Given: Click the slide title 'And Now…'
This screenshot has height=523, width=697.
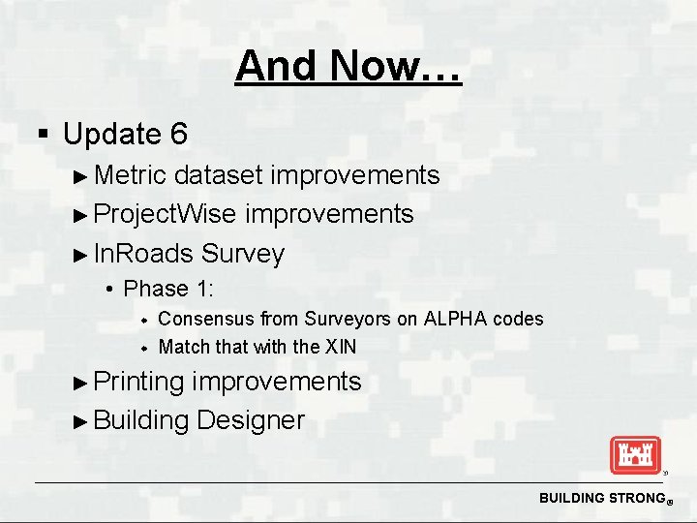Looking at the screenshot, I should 348,67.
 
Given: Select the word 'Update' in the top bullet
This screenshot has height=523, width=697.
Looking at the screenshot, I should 111,134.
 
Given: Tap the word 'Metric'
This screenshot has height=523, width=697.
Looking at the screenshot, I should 131,175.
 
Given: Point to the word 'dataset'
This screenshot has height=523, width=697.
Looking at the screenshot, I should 219,175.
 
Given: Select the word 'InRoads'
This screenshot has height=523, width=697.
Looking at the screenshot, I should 144,254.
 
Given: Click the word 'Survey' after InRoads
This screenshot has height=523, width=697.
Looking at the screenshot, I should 243,254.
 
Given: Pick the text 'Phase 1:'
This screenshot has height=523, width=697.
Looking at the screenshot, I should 169,289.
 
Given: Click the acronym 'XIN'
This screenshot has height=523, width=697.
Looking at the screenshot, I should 340,347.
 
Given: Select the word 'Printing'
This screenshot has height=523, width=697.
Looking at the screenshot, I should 139,382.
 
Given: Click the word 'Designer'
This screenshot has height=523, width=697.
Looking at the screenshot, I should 250,420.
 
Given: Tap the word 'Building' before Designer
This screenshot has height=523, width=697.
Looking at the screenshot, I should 141,420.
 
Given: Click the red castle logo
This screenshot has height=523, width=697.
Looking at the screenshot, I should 634,455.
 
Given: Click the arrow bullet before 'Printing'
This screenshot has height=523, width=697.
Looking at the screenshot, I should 81,383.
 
